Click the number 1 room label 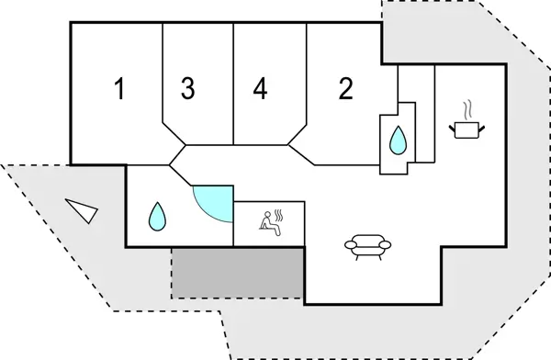click(118, 89)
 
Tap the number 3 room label click(187, 89)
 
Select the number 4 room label click(261, 89)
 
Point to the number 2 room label click(345, 89)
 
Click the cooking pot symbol click(466, 129)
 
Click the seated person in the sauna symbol click(267, 220)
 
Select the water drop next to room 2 click(399, 140)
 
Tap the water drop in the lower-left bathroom click(158, 218)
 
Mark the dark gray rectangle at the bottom click(238, 272)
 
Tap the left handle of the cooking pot click(452, 126)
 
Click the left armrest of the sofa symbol click(349, 243)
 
